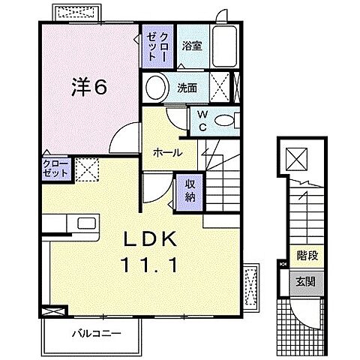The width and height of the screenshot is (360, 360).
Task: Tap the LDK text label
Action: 148,240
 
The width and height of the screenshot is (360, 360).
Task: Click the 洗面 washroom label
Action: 187,86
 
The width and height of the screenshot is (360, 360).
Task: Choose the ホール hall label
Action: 167,151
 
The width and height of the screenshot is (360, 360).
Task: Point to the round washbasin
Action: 155,87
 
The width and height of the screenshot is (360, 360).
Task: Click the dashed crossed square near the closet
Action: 85,169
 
